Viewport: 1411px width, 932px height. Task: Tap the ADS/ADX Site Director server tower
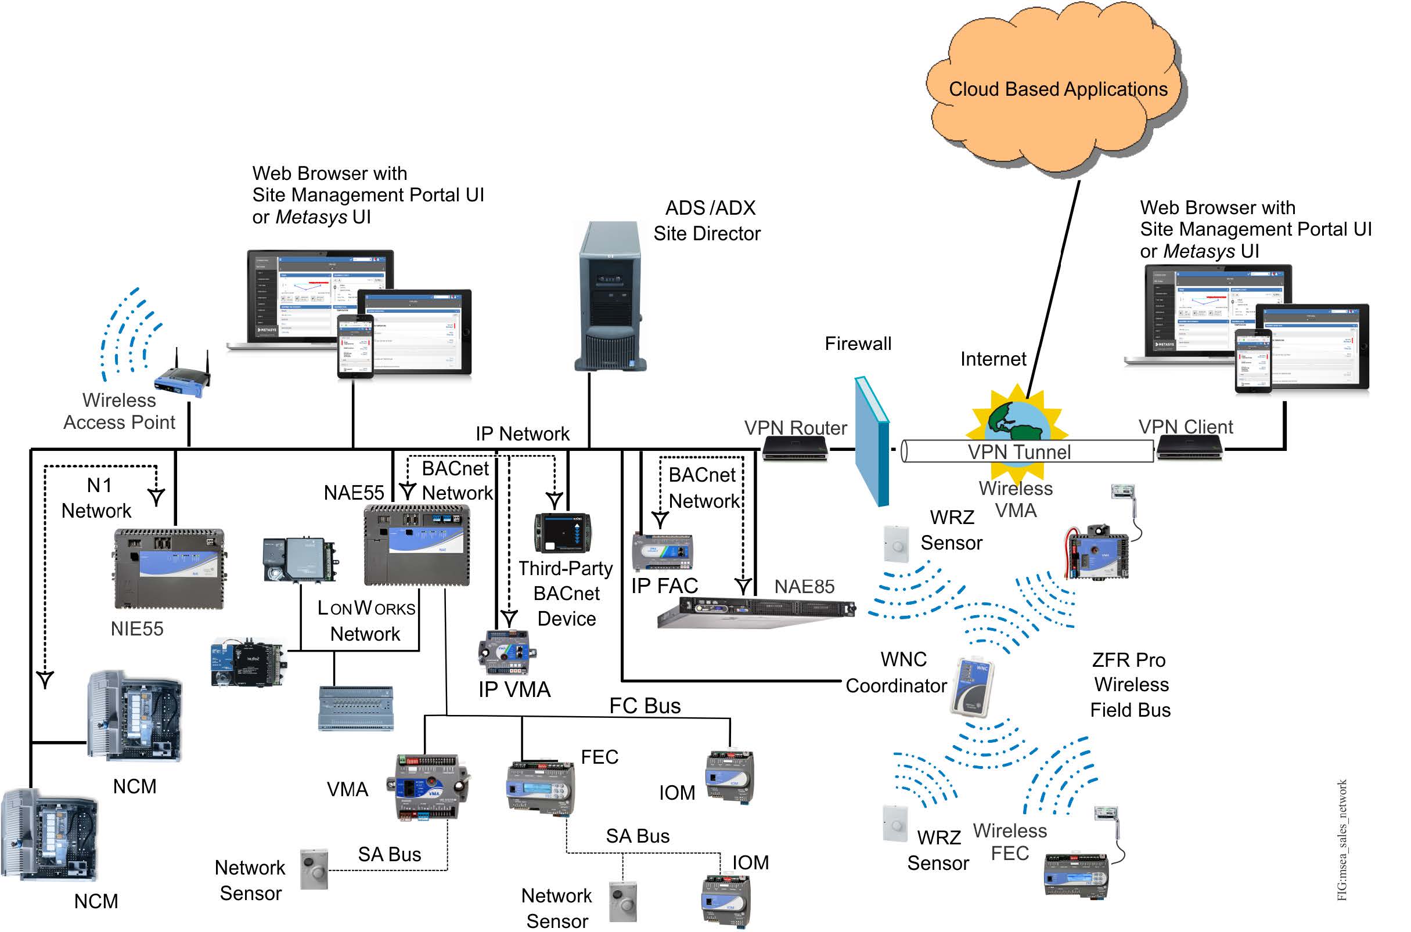pos(610,297)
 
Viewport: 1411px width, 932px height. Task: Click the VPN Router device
pos(794,449)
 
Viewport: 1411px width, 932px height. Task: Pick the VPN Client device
pos(1189,447)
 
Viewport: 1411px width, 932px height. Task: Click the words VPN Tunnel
pos(1018,452)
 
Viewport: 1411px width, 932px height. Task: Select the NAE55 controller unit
pos(417,544)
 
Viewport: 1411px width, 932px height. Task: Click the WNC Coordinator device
pos(971,687)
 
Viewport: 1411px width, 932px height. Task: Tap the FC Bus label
pos(645,706)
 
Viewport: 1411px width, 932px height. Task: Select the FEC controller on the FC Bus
pos(541,786)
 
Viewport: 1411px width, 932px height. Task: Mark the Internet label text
pos(993,360)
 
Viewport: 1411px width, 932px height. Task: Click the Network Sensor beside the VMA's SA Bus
pos(314,869)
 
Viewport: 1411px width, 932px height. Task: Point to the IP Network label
pos(522,434)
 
